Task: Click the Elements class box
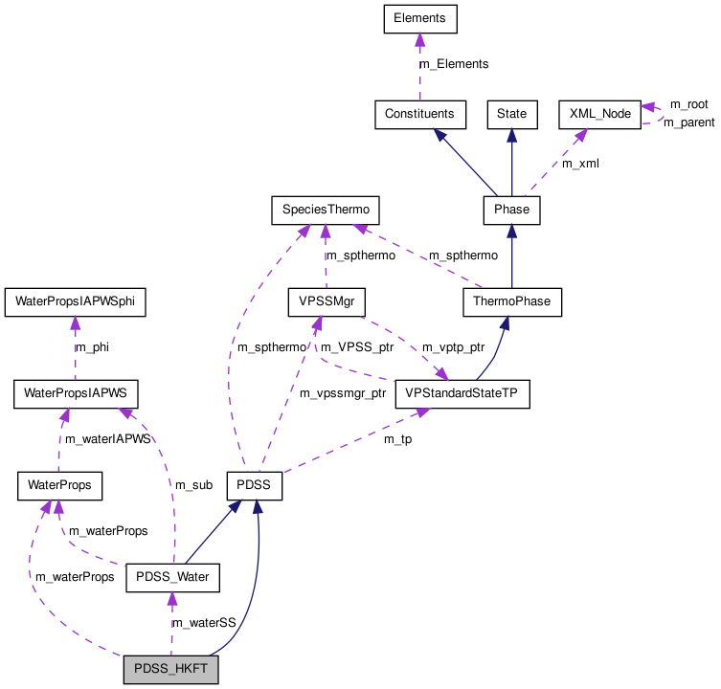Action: [x=419, y=17]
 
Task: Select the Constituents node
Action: [x=419, y=114]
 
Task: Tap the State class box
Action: [x=511, y=114]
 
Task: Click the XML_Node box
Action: [x=599, y=114]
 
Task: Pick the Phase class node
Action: [x=511, y=210]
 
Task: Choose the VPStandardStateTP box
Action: [x=462, y=394]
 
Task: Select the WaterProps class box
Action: [x=59, y=485]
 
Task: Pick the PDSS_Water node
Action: [x=173, y=578]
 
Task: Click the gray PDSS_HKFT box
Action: [x=171, y=670]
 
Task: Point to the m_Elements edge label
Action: [x=454, y=64]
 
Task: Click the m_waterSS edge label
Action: [x=204, y=623]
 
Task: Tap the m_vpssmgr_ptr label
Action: [x=342, y=393]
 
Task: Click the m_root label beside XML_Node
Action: [x=688, y=104]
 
